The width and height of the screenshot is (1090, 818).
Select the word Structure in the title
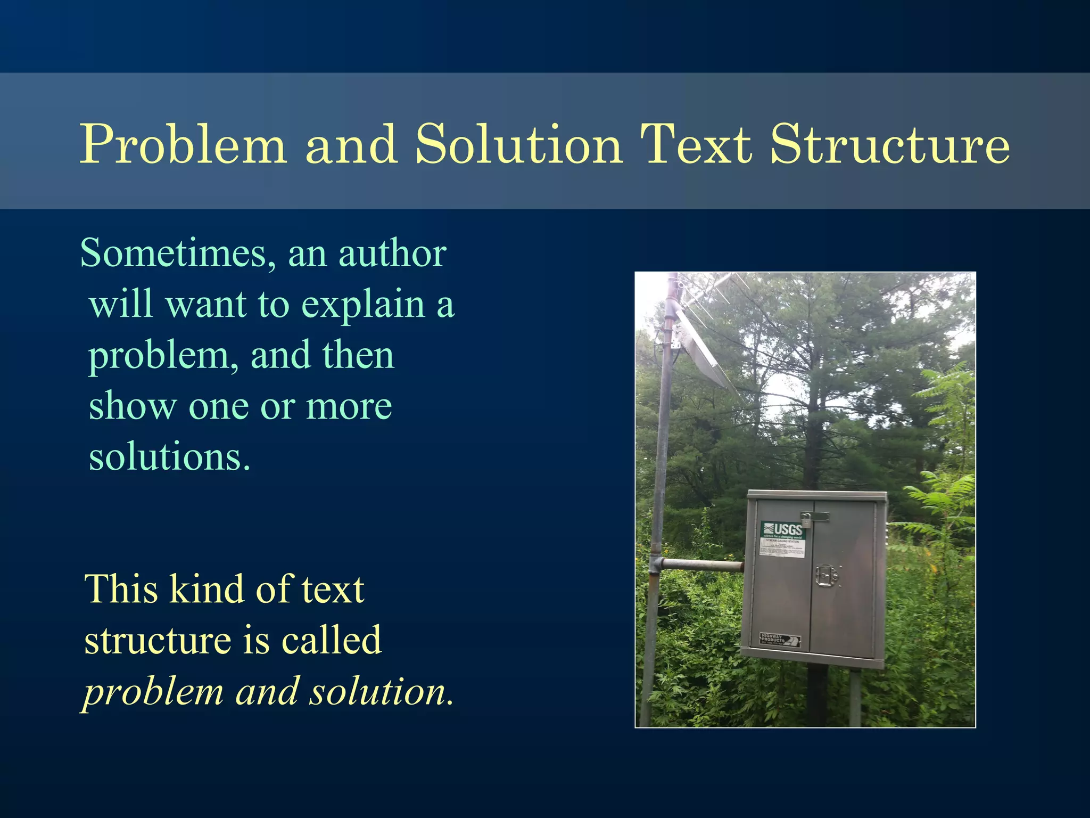889,145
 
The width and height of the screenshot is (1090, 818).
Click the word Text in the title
695,145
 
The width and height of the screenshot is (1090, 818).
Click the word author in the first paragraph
392,253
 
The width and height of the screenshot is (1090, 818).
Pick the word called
331,641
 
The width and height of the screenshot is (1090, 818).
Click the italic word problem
154,692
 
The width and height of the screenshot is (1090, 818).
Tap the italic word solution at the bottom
381,692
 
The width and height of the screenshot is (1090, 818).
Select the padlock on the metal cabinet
806,519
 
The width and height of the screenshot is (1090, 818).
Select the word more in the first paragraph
349,407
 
